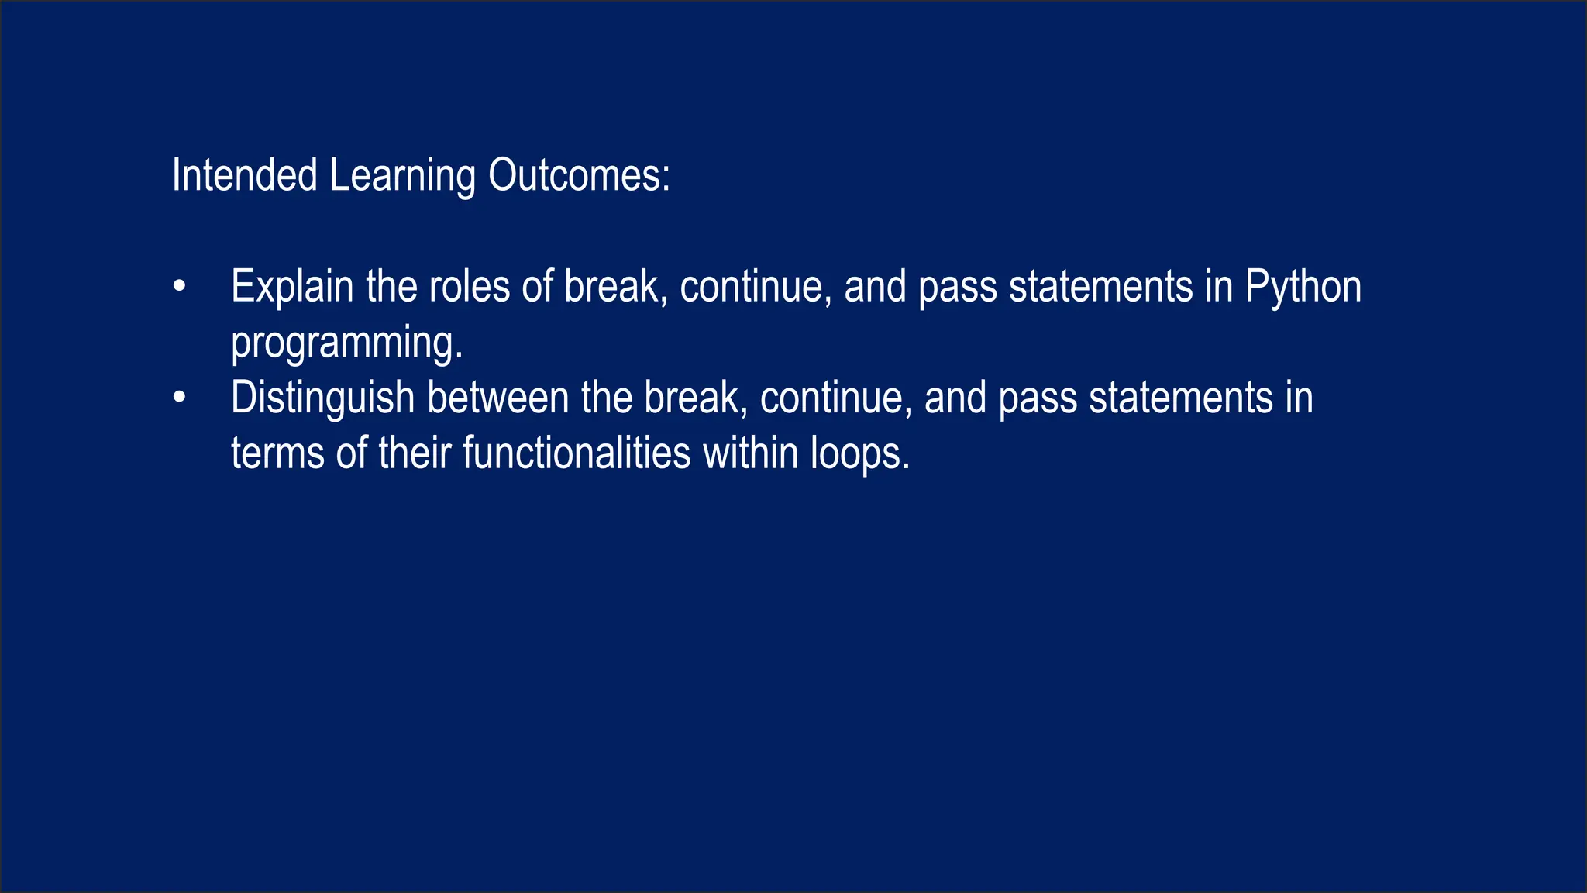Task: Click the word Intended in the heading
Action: [x=244, y=175]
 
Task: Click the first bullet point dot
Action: [x=180, y=287]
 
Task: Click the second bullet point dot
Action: [x=180, y=398]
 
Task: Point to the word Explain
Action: [x=292, y=288]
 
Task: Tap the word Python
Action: [x=1303, y=288]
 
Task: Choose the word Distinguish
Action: [x=323, y=398]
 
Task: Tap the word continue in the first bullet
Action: [x=752, y=287]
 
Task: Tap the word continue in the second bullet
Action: [x=832, y=398]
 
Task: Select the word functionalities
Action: [x=577, y=453]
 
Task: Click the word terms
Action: [x=277, y=453]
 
